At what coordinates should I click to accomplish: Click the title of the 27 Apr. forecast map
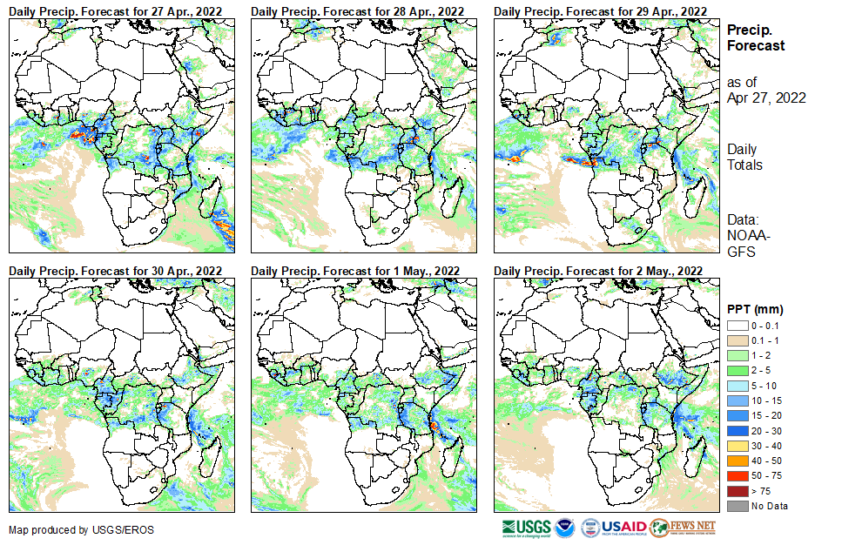coord(115,10)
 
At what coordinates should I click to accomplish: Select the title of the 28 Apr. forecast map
coord(357,10)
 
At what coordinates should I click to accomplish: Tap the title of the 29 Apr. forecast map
coord(600,10)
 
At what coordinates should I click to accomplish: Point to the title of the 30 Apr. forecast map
coord(115,271)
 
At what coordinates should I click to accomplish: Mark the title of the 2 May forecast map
coord(598,271)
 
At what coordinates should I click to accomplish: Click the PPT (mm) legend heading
coord(755,309)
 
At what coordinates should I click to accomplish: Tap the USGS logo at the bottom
coord(526,528)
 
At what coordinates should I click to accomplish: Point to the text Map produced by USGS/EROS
coord(69,530)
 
